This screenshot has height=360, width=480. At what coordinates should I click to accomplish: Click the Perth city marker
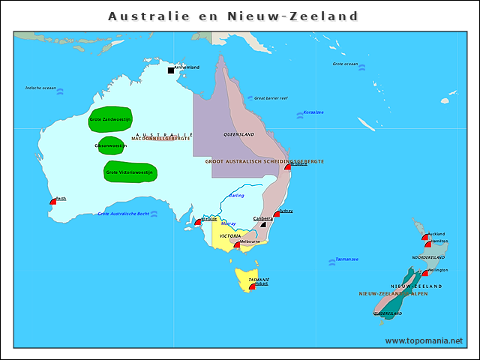(53, 202)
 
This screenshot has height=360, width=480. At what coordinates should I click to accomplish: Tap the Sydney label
(286, 211)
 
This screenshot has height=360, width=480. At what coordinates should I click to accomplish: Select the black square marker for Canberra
(263, 223)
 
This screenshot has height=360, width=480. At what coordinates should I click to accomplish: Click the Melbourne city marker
(237, 244)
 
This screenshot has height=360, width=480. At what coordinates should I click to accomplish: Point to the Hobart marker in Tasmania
(251, 287)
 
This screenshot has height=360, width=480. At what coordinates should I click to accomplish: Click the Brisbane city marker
(287, 167)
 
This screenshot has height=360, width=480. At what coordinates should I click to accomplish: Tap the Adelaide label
(209, 219)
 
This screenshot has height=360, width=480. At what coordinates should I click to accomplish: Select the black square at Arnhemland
(171, 70)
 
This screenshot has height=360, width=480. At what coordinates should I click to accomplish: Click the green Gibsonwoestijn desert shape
(111, 145)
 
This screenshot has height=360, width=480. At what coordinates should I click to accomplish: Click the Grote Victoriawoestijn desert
(124, 172)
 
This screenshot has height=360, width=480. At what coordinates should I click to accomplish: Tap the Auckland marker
(425, 237)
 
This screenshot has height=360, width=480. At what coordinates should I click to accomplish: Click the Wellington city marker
(424, 273)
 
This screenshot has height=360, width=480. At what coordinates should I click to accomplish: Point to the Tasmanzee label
(346, 259)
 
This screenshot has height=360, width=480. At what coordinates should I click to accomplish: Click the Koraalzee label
(313, 112)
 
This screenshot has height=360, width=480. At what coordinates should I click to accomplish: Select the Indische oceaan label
(40, 88)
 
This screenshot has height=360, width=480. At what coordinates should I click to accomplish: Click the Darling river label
(236, 196)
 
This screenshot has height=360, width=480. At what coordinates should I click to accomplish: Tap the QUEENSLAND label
(238, 134)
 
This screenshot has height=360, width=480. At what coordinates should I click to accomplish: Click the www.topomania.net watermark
(424, 340)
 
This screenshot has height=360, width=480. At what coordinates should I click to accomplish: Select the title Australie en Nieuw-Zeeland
(233, 16)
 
